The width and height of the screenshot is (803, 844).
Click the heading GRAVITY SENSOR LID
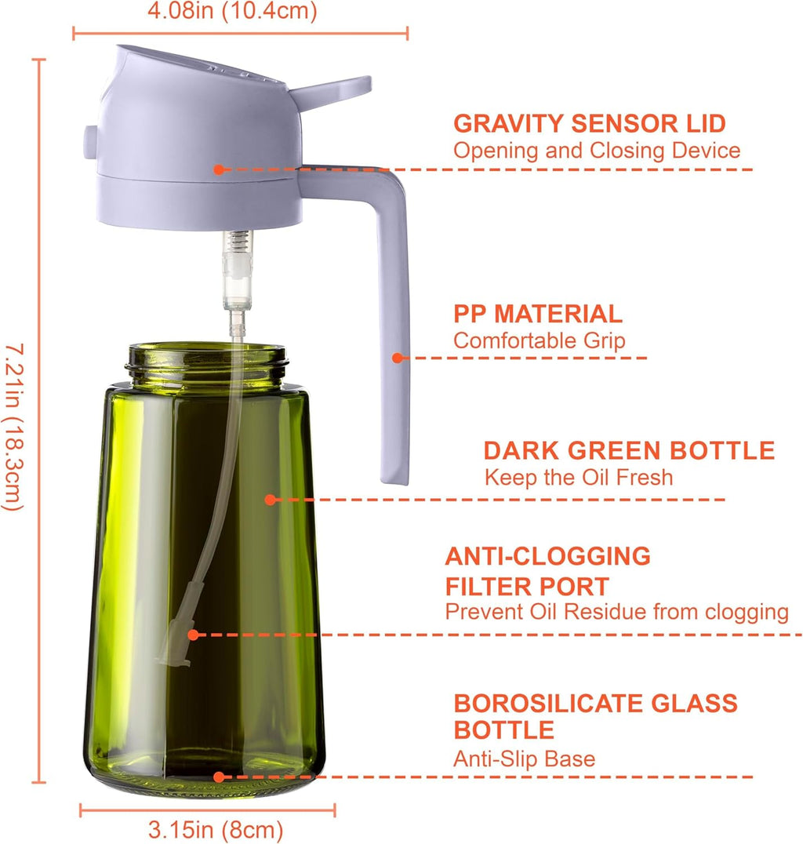pyautogui.click(x=590, y=123)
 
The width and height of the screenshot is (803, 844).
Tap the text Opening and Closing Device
pyautogui.click(x=597, y=150)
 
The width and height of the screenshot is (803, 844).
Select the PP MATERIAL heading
pyautogui.click(x=538, y=314)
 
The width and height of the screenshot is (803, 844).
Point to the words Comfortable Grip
pyautogui.click(x=540, y=340)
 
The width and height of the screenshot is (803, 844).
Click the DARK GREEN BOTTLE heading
pyautogui.click(x=629, y=450)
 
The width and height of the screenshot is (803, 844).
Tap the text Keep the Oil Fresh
pyautogui.click(x=579, y=477)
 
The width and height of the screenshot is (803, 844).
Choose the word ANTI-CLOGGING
pyautogui.click(x=548, y=556)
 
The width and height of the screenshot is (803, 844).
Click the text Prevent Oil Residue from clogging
pyautogui.click(x=617, y=612)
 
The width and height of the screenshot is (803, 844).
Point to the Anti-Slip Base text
pyautogui.click(x=524, y=759)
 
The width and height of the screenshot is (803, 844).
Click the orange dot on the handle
pyautogui.click(x=398, y=358)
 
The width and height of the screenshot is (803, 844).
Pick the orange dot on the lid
pyautogui.click(x=219, y=169)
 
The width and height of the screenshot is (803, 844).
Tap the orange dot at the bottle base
pyautogui.click(x=219, y=777)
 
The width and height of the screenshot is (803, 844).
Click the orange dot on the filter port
pyautogui.click(x=194, y=635)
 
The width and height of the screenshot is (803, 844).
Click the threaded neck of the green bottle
pyautogui.click(x=206, y=362)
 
